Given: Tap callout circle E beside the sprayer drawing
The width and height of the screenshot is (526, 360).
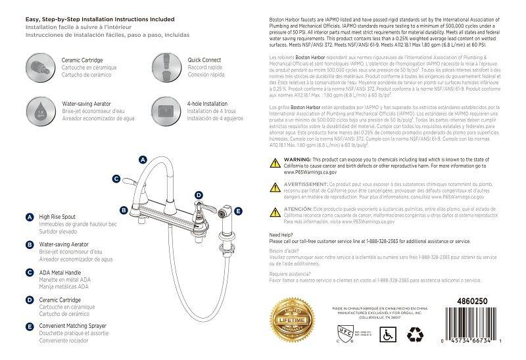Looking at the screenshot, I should tap(238, 211).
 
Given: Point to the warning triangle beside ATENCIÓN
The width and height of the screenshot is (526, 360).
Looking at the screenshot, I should tap(276, 210).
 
